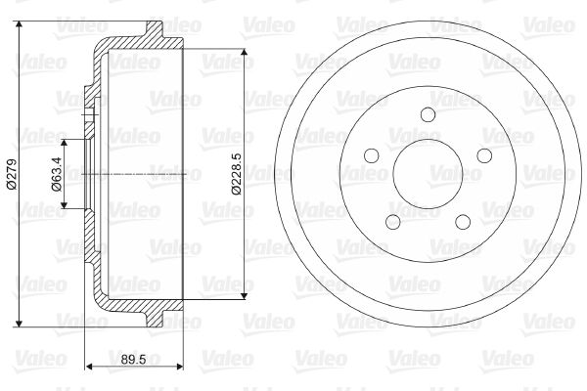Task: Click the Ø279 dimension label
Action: click(12, 174)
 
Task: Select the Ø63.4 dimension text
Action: click(57, 174)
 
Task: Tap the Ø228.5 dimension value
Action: click(237, 174)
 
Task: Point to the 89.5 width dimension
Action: click(133, 360)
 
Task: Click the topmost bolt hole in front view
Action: click(428, 114)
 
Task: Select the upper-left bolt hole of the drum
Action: click(372, 155)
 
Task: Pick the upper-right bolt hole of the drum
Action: click(484, 155)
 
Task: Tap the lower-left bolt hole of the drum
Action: click(392, 222)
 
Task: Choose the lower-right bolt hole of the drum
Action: click(463, 222)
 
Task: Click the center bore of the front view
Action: click(428, 174)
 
